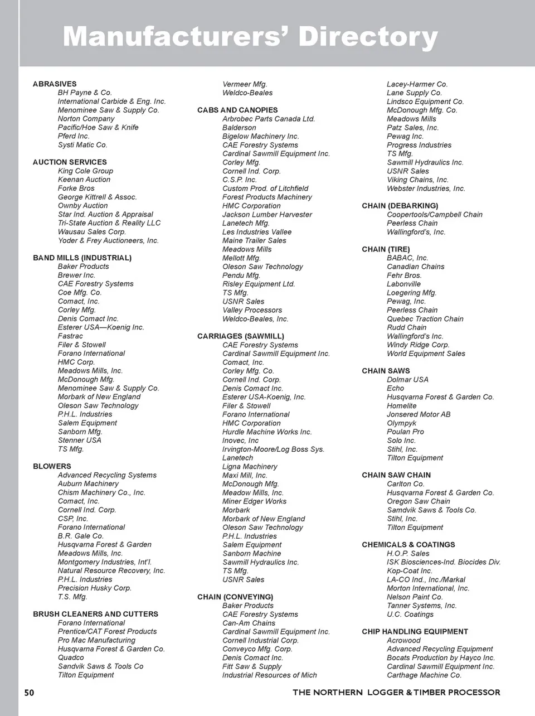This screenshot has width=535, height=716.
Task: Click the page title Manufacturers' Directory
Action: [x=250, y=37]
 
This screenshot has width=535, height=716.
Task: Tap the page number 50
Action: [x=29, y=693]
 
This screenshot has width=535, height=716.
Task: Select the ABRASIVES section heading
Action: [x=55, y=84]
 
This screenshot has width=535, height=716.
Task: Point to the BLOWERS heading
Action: [x=52, y=466]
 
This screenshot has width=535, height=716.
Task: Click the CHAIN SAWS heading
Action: [x=386, y=371]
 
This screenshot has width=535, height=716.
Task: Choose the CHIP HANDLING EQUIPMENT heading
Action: [x=415, y=632]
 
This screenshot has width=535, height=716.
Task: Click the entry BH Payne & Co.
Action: [x=85, y=93]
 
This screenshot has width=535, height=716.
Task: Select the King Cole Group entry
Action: [x=85, y=171]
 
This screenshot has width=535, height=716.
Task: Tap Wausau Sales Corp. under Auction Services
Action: [x=92, y=231]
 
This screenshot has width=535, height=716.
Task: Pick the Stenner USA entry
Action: [x=80, y=440]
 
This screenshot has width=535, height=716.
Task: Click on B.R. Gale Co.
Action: [x=81, y=536]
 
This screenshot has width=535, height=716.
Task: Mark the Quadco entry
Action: [x=71, y=657]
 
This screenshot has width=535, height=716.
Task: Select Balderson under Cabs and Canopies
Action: [x=239, y=128]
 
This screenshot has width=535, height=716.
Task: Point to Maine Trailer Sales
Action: [x=254, y=240]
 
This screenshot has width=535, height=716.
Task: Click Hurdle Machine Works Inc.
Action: [x=267, y=432]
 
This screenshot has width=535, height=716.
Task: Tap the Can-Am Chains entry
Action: [x=249, y=623]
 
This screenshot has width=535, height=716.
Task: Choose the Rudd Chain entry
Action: [x=406, y=327]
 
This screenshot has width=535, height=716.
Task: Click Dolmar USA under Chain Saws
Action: [x=407, y=380]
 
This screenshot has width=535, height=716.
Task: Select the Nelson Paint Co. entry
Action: [x=415, y=597]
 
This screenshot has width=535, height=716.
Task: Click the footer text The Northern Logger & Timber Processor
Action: [x=396, y=693]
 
